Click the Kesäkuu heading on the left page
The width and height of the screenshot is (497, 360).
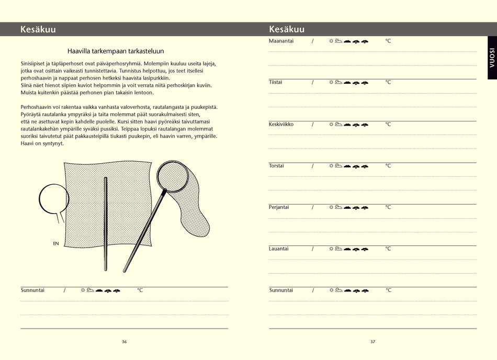point(38,29)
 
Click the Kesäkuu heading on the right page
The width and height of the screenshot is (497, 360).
point(286,29)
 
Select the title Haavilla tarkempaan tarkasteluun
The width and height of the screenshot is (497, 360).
point(116,51)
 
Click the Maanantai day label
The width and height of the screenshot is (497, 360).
point(281,41)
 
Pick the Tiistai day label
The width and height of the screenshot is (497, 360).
point(276,82)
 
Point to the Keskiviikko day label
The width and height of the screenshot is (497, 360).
point(281,124)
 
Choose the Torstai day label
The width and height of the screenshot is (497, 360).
point(276,165)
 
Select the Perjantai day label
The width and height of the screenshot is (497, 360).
point(279,207)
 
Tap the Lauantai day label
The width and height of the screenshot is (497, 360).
point(278,249)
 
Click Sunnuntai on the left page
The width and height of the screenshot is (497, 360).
point(32,290)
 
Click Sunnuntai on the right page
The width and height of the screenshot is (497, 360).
point(281,290)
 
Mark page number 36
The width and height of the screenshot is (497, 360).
point(124,342)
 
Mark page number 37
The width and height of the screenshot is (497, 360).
point(372,342)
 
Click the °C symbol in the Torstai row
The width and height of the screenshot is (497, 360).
point(388,165)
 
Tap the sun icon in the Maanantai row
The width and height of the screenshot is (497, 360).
point(331,41)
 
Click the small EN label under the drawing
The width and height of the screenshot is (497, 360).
point(55,243)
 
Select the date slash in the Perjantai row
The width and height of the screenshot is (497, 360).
point(313,207)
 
